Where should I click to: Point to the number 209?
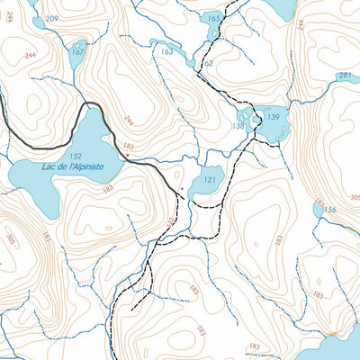[51, 19]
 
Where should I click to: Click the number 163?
[166, 52]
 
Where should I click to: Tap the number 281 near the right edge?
[345, 75]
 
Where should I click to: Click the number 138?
[238, 127]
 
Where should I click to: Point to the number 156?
[330, 211]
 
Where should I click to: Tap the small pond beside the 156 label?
[318, 210]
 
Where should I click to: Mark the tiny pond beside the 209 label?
[33, 18]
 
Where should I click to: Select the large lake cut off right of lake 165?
[281, 9]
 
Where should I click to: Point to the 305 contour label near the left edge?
[10, 239]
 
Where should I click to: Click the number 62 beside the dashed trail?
[208, 64]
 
